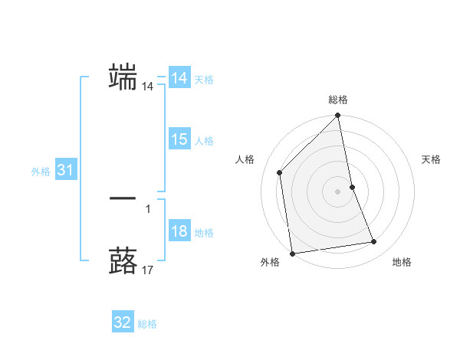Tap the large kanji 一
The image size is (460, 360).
(x=123, y=198)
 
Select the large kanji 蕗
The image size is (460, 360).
(x=123, y=259)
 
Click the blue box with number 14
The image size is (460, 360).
(x=179, y=78)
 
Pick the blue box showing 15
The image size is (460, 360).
(x=179, y=139)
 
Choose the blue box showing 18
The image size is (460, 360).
(x=179, y=231)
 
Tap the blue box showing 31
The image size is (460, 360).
(x=65, y=170)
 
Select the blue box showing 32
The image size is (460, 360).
(x=123, y=322)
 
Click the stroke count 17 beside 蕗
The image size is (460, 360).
(x=148, y=270)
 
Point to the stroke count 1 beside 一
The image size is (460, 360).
(x=148, y=208)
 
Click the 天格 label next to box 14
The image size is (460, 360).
(x=204, y=80)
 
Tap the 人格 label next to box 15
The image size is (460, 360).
(x=204, y=141)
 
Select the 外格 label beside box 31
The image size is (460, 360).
(x=41, y=172)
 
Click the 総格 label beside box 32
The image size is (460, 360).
(x=147, y=324)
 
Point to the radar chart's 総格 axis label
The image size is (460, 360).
(x=338, y=100)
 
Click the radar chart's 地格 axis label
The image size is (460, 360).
(x=402, y=262)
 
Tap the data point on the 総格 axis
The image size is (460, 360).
(x=338, y=116)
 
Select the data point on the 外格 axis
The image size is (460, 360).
(x=292, y=254)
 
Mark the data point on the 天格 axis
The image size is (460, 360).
(x=352, y=187)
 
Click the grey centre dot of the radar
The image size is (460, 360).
(x=338, y=191)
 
